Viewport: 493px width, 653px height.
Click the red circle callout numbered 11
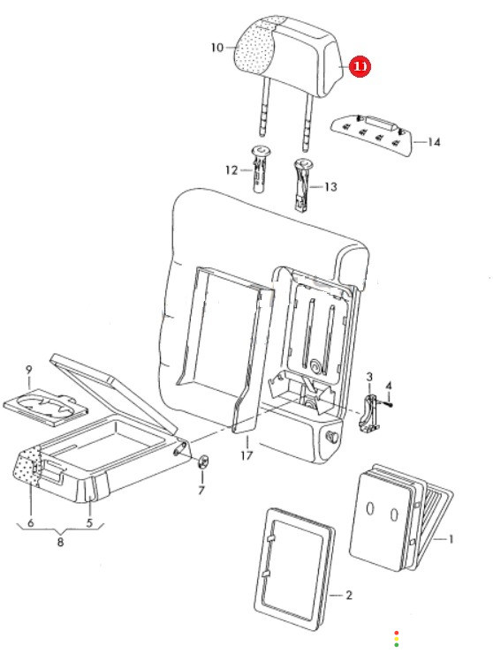pos(360,66)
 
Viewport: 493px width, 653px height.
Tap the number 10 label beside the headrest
pos(216,48)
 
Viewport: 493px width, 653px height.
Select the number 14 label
pos(434,142)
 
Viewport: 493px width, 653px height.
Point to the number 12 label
pos(231,170)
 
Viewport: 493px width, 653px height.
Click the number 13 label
pos(330,187)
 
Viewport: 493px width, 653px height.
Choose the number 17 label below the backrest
pos(246,455)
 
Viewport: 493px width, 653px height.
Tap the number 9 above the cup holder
pos(29,370)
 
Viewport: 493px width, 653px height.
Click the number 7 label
pos(201,491)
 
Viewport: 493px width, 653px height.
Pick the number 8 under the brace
pos(60,542)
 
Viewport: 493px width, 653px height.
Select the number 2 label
pos(349,595)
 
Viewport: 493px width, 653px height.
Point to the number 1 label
pos(451,539)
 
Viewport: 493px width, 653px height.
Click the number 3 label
pos(369,377)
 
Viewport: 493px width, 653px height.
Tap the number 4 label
pos(389,386)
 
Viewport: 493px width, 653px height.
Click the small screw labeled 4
pos(388,403)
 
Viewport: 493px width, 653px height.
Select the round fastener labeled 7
pos(203,462)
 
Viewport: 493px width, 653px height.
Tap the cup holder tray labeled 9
pos(45,407)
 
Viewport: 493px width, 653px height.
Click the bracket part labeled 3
pos(368,413)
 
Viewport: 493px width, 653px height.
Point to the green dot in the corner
pos(396,645)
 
